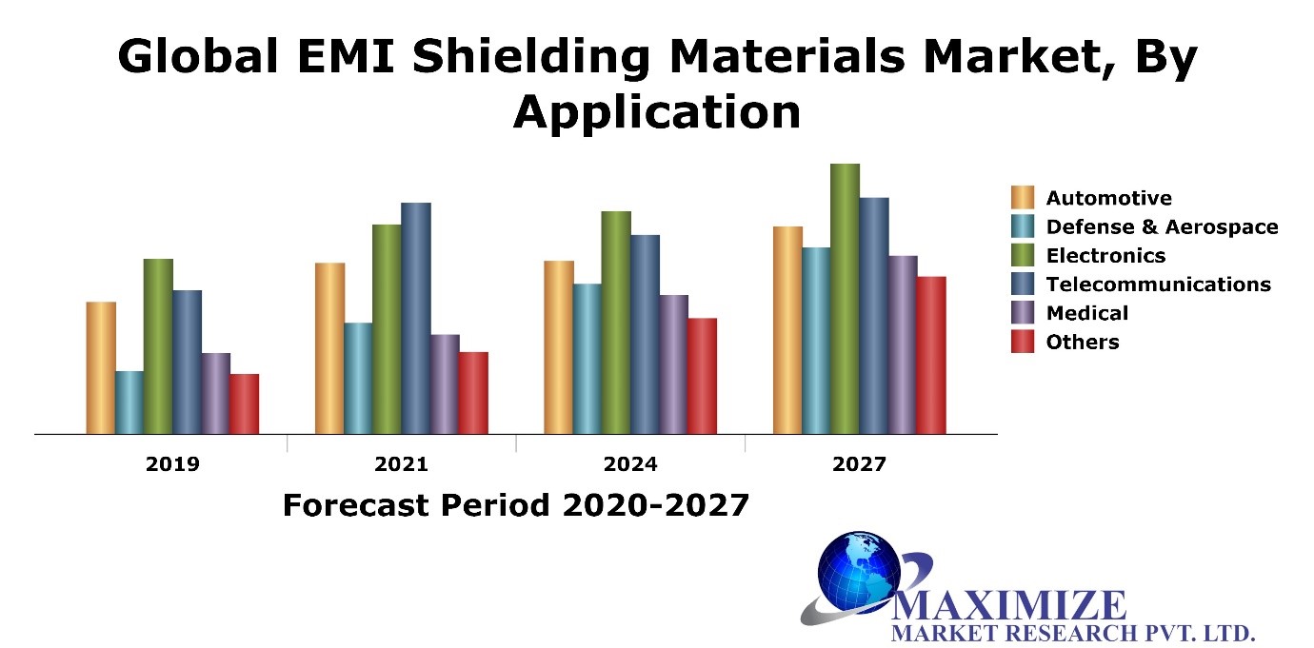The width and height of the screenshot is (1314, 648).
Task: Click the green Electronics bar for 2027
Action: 845,299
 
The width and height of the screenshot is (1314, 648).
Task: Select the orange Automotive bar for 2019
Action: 101,367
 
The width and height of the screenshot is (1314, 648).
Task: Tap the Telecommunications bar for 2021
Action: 415,318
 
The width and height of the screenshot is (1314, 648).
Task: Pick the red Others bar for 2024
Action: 702,376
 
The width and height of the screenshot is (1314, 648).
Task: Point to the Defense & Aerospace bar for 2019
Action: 129,403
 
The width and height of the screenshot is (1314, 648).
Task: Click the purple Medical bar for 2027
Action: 903,344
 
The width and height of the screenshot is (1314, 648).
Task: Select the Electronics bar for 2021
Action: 387,329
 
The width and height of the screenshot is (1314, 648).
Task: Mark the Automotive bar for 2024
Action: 558,347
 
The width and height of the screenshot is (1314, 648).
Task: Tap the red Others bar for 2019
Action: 245,403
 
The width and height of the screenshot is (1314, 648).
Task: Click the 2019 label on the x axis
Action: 172,464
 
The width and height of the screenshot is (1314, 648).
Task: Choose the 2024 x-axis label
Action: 630,464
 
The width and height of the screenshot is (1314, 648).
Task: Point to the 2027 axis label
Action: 859,464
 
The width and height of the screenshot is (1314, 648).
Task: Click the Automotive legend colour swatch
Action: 1023,198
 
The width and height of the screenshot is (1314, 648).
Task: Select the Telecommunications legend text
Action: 1158,285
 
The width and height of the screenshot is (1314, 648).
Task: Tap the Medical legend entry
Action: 1086,313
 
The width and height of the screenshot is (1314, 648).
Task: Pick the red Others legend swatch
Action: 1023,342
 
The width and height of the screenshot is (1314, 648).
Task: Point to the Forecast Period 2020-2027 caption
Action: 516,505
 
